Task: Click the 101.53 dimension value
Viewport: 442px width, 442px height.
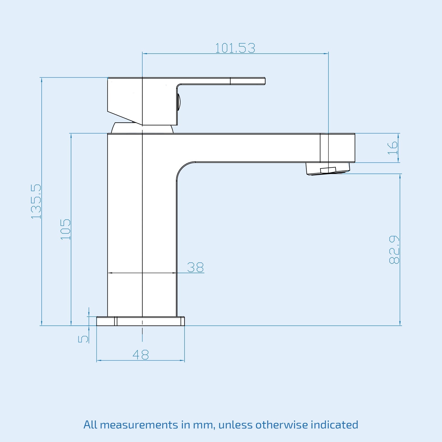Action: click(235, 48)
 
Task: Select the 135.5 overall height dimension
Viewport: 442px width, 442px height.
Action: click(36, 201)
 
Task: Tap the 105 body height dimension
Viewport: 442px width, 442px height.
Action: click(66, 229)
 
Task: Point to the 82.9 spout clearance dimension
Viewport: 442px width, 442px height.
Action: click(394, 249)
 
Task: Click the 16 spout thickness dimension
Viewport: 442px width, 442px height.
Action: click(393, 148)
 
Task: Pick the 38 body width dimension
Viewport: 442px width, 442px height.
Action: click(195, 267)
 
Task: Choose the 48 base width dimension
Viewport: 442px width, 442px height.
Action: click(141, 355)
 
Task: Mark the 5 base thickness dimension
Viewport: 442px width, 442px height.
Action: click(83, 339)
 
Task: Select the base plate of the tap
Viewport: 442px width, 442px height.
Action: click(140, 321)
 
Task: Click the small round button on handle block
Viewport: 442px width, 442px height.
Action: click(179, 102)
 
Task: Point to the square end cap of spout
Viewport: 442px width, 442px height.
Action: click(338, 148)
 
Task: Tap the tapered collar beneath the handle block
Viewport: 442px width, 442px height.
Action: click(142, 128)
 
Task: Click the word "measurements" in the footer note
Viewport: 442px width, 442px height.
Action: click(139, 425)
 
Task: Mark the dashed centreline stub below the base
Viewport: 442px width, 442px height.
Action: click(142, 335)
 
